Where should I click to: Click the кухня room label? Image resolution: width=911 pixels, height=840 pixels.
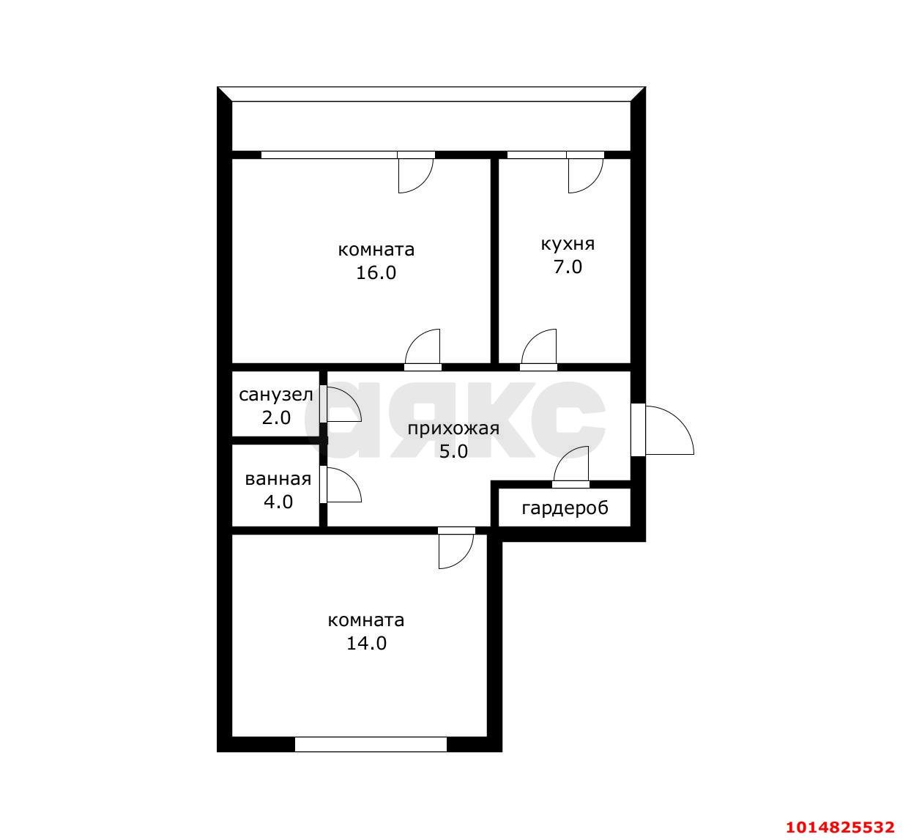(x=568, y=245)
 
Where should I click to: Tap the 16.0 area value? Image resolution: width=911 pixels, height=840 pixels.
(x=376, y=273)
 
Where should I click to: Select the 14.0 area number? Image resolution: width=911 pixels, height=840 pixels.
(x=366, y=643)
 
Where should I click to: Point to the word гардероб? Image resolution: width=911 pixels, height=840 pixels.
(x=565, y=508)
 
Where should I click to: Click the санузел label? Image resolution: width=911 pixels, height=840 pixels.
(x=275, y=395)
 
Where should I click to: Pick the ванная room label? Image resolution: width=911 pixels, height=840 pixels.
(x=278, y=479)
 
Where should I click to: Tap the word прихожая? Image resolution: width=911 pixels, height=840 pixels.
(x=453, y=429)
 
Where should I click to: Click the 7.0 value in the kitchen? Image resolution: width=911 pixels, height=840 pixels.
(x=568, y=267)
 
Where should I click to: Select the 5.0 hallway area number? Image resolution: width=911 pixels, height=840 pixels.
(x=453, y=451)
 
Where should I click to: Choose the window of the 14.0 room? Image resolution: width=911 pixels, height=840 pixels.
(x=371, y=744)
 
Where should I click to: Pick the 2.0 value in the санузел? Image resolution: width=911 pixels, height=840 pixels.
(x=276, y=417)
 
